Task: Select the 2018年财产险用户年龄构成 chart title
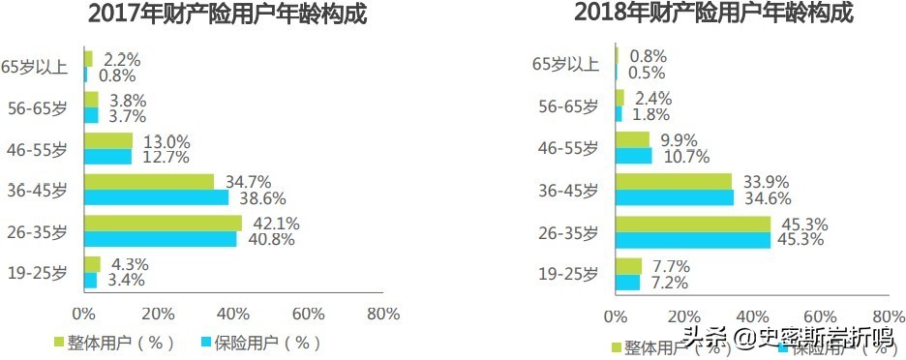coord(715,15)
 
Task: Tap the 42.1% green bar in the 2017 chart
coord(163,224)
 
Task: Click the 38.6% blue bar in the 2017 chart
coord(157,197)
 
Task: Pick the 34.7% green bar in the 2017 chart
coord(149,182)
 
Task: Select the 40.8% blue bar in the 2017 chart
coord(160,239)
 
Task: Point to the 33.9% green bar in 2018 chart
coord(673,182)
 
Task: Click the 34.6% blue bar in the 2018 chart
coord(674,197)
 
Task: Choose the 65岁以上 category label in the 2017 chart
coord(35,66)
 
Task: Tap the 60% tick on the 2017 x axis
coord(308,314)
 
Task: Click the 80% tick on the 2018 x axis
coord(888,315)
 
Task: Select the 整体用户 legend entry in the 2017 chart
coord(108,343)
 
